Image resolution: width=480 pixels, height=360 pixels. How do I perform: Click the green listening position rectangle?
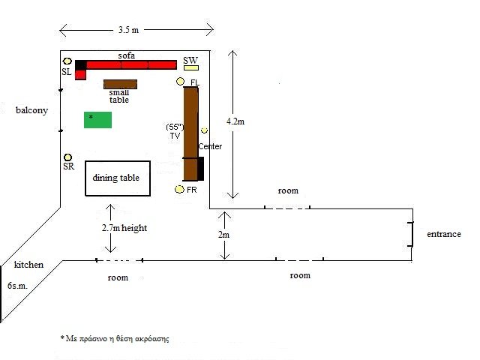click(98, 120)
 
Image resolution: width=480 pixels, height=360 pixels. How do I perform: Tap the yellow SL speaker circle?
click(67, 61)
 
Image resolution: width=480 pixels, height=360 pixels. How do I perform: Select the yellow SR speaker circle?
click(67, 157)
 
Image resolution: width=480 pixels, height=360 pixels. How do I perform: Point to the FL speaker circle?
click(180, 82)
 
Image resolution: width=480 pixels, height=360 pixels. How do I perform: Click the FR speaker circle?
click(179, 190)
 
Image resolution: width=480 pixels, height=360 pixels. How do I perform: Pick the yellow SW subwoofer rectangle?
click(191, 68)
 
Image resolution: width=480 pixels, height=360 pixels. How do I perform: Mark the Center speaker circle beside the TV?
click(204, 130)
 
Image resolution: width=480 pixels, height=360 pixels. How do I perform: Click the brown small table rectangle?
click(120, 84)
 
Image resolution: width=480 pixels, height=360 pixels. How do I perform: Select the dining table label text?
click(116, 178)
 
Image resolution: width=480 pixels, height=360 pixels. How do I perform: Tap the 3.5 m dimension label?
click(128, 30)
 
